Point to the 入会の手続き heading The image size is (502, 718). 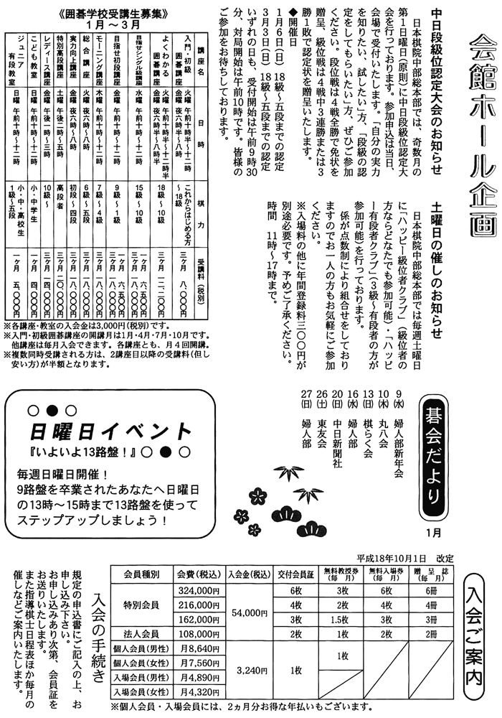(x=100, y=632)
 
